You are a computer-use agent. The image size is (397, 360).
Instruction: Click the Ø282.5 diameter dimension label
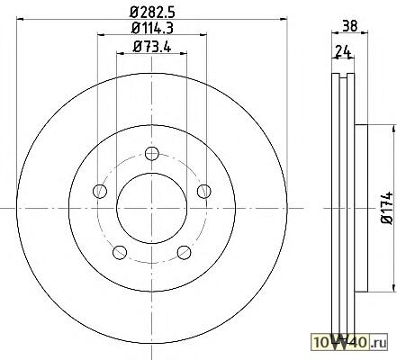pos(152,13)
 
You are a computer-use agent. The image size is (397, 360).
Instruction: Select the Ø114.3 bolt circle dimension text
pos(152,29)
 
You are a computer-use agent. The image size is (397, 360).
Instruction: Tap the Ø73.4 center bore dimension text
pos(152,47)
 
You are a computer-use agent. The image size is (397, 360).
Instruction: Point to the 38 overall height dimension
pos(350,26)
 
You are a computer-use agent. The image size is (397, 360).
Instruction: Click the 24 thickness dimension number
pos(343,51)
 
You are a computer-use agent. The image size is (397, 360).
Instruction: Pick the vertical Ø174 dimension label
pos(387,208)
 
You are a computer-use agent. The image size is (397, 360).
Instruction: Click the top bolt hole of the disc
pos(152,154)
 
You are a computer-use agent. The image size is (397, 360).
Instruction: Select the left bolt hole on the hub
pos(100,191)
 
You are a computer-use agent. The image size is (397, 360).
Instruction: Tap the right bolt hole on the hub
pos(204,191)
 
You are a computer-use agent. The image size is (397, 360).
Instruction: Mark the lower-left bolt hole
pos(120,252)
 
